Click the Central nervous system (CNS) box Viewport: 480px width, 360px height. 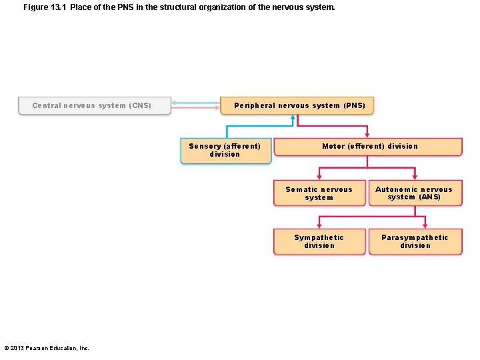(x=94, y=105)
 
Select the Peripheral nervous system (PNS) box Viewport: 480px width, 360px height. (x=297, y=105)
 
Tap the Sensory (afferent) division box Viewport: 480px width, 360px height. (x=225, y=151)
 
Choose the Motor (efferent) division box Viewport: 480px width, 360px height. (x=368, y=147)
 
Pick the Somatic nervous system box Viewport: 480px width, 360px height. (x=319, y=193)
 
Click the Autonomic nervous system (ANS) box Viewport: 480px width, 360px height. (x=415, y=193)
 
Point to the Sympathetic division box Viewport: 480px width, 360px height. (x=319, y=241)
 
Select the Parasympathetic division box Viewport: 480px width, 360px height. (x=415, y=241)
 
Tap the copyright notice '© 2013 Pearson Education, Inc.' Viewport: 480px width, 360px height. (x=47, y=347)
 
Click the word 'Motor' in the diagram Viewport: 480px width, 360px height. (x=334, y=146)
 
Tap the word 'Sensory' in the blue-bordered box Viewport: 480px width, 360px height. (x=205, y=146)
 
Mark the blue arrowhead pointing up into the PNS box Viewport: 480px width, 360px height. (x=292, y=118)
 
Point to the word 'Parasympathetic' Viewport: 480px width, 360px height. (x=415, y=237)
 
